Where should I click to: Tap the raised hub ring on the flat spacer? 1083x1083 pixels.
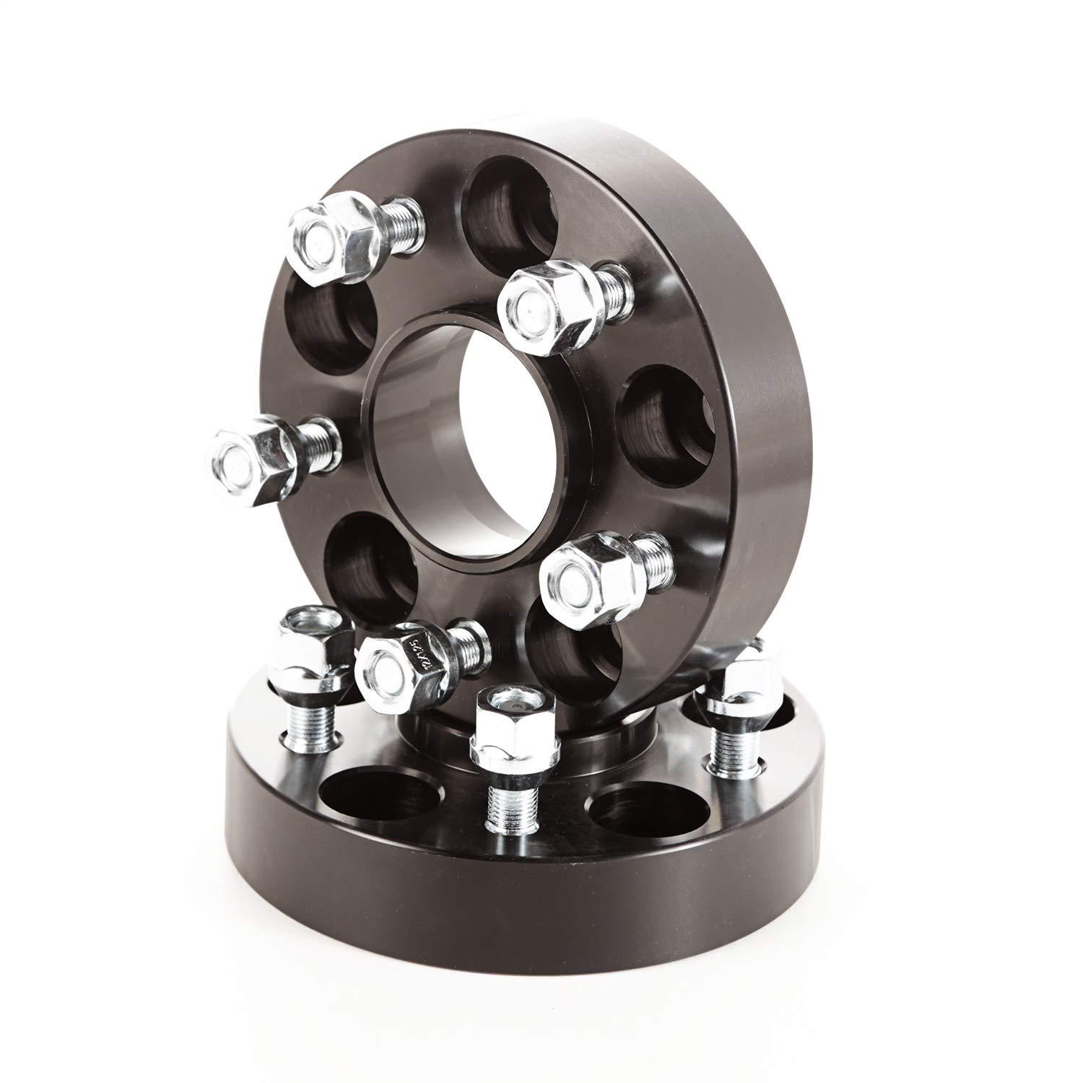[462, 729]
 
